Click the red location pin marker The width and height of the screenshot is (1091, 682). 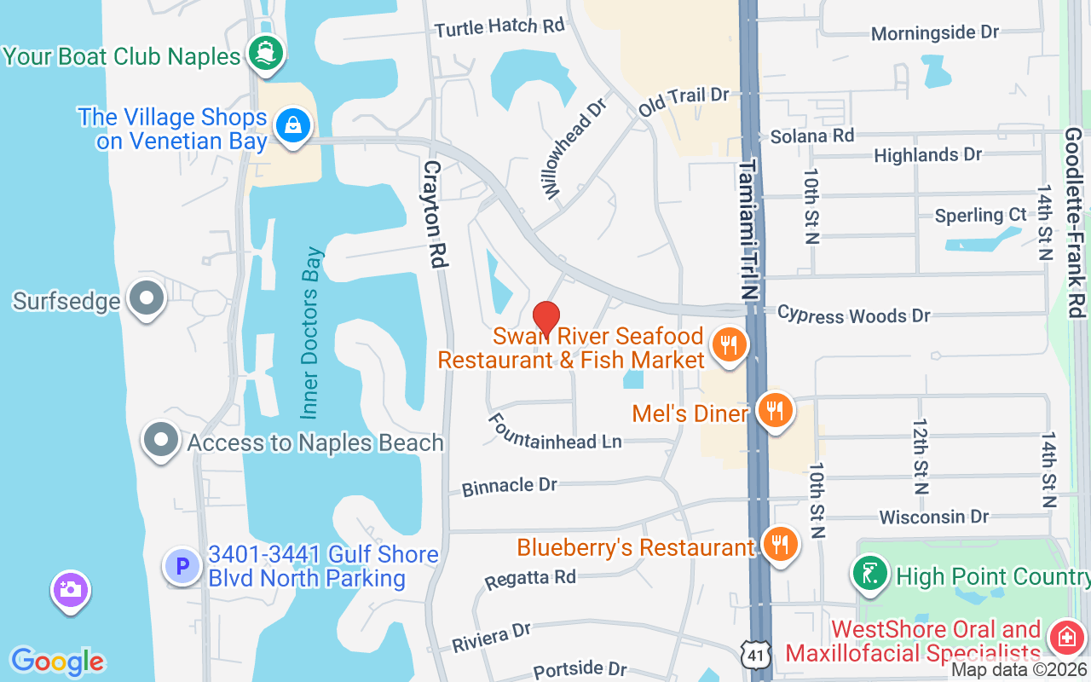pos(545,317)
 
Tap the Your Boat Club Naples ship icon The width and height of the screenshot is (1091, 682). pos(265,54)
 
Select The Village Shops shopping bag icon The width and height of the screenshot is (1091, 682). pos(293,125)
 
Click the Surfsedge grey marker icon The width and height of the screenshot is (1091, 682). pos(147,298)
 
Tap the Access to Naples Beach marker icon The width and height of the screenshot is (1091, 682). pos(160,440)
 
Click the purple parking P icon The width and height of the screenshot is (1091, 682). pos(182,566)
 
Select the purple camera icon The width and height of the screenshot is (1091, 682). pos(70,589)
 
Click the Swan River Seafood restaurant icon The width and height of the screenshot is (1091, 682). pos(728,345)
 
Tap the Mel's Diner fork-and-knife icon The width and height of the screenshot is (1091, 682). pos(775,411)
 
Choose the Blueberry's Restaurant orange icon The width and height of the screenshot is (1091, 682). pos(778,543)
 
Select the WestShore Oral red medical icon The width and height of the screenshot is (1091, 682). pos(1065,637)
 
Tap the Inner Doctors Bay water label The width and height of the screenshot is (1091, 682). pos(312,332)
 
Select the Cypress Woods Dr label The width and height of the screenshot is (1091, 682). pos(853,315)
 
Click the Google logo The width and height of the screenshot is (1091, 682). pos(57,662)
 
